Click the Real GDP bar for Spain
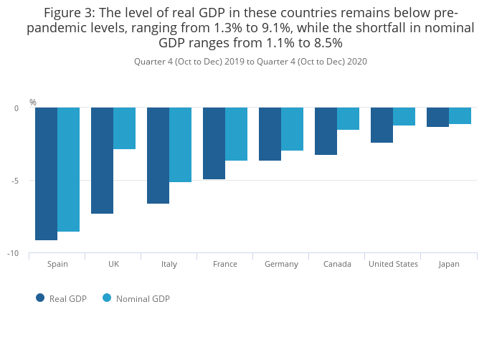pyautogui.click(x=46, y=174)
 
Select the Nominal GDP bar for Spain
pyautogui.click(x=69, y=169)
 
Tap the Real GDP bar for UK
pyautogui.click(x=102, y=161)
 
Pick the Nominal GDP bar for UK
pyautogui.click(x=124, y=128)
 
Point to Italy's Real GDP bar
pyautogui.click(x=158, y=156)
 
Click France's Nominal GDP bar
pyautogui.click(x=236, y=134)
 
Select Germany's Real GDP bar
pyautogui.click(x=270, y=134)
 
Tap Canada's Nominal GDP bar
pyautogui.click(x=348, y=118)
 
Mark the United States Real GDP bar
pyautogui.click(x=382, y=125)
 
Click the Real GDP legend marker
pyautogui.click(x=40, y=298)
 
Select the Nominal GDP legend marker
pyautogui.click(x=107, y=298)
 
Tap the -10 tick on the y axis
pyautogui.click(x=13, y=253)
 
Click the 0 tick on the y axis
pyautogui.click(x=16, y=108)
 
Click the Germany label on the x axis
pyautogui.click(x=281, y=264)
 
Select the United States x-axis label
pyautogui.click(x=393, y=264)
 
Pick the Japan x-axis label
pyautogui.click(x=449, y=264)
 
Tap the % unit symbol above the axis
pyautogui.click(x=32, y=103)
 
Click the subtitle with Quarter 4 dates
pyautogui.click(x=250, y=62)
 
